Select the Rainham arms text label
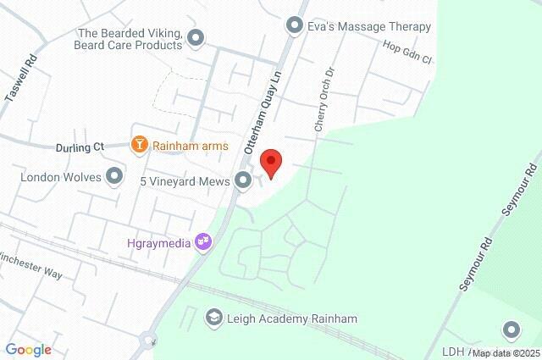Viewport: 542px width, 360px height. click(x=191, y=146)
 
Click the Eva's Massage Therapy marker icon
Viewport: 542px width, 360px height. click(x=295, y=26)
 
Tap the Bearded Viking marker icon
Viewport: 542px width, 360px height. click(x=196, y=37)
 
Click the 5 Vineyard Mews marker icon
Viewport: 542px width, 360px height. click(x=243, y=180)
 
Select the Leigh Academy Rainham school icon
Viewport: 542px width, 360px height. click(x=213, y=318)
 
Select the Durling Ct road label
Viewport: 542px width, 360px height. click(x=80, y=147)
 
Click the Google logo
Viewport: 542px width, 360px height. click(x=28, y=350)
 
